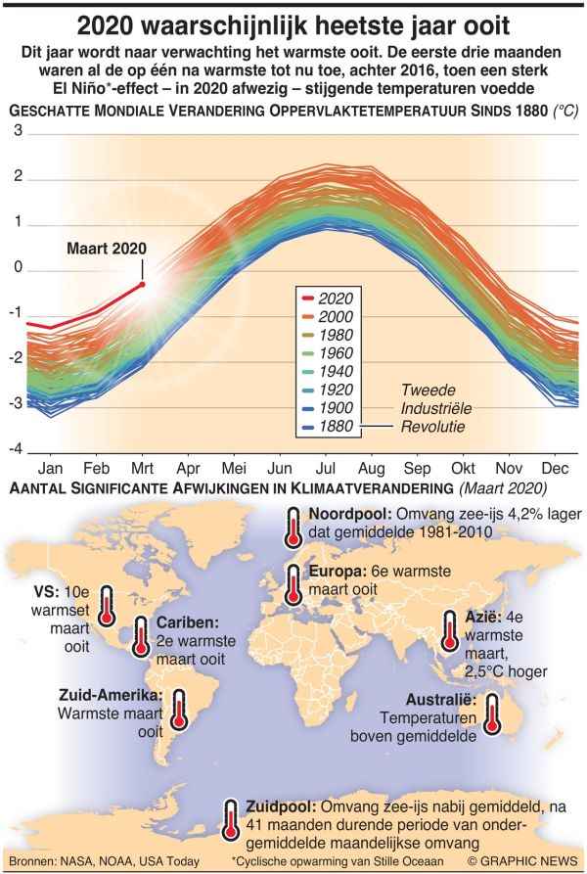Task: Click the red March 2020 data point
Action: (143, 284)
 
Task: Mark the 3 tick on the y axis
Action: (17, 130)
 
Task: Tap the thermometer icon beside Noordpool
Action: (293, 528)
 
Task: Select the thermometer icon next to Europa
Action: (293, 585)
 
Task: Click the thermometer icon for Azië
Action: (449, 631)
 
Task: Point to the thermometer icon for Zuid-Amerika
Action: (179, 709)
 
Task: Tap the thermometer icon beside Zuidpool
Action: (230, 819)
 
